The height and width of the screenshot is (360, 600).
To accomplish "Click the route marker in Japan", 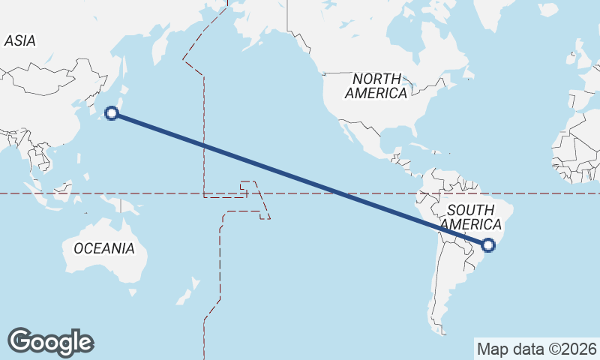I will (x=112, y=113).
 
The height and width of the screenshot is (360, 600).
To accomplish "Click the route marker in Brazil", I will (x=489, y=244).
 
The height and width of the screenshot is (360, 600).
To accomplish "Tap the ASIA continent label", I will (x=19, y=41).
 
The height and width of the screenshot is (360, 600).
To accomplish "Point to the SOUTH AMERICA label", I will (x=470, y=217).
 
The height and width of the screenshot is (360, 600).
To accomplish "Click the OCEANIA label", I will (x=104, y=248).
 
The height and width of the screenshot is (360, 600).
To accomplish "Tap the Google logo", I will (x=50, y=342).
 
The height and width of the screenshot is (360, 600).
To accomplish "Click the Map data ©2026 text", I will (x=536, y=349).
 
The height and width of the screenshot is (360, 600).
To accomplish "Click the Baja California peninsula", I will (x=346, y=133).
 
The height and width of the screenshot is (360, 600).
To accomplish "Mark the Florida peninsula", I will (x=409, y=133).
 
